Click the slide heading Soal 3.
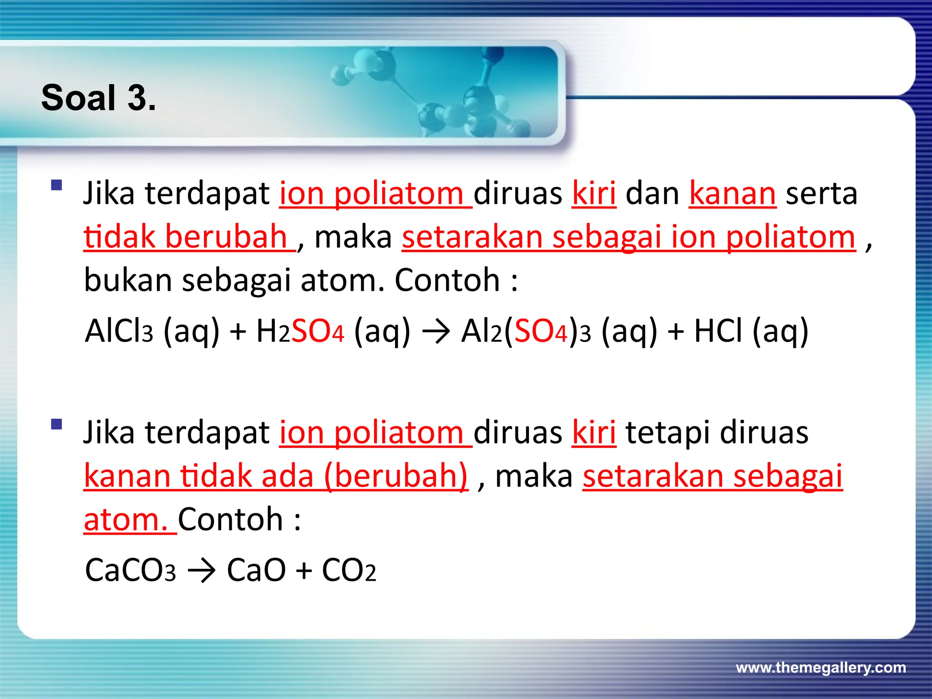[x=98, y=98]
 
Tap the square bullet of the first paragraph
[x=56, y=185]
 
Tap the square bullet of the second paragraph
[x=56, y=424]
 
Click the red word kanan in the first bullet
[x=732, y=193]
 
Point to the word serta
[x=821, y=193]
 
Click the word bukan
[x=128, y=280]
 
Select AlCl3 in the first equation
[x=119, y=331]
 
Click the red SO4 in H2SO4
[x=318, y=331]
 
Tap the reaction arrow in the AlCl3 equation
[x=436, y=332]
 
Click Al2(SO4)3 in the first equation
[x=526, y=331]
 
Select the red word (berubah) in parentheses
[x=396, y=476]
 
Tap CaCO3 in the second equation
[x=130, y=570]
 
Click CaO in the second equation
[x=256, y=570]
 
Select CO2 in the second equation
[x=349, y=570]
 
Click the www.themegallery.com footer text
[x=821, y=668]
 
